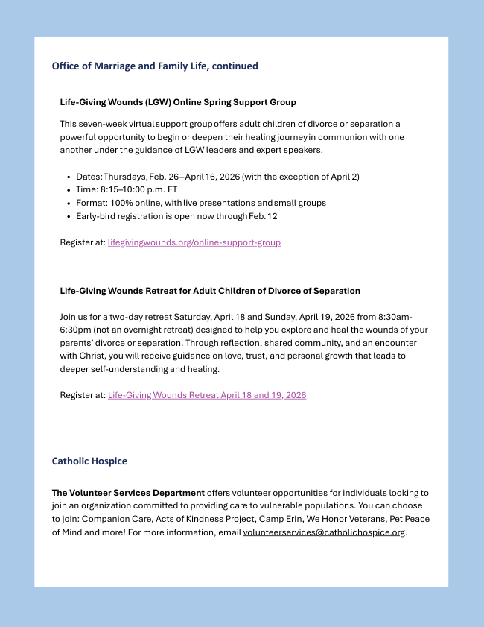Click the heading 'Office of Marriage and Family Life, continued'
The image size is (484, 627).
(155, 66)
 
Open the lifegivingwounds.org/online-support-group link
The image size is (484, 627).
(194, 242)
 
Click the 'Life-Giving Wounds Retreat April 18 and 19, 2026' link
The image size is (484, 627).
(207, 395)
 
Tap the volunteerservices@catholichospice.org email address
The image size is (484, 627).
(324, 532)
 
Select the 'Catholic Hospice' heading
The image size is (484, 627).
(89, 461)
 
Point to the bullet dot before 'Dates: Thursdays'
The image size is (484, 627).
(68, 177)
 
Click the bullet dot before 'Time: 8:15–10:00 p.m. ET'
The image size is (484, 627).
(68, 190)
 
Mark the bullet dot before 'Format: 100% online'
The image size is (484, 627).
(68, 203)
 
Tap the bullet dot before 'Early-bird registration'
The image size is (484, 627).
(68, 216)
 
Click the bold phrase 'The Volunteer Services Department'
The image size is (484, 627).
(128, 493)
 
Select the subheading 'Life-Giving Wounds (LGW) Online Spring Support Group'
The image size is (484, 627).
(178, 102)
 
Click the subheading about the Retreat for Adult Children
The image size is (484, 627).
(210, 291)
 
